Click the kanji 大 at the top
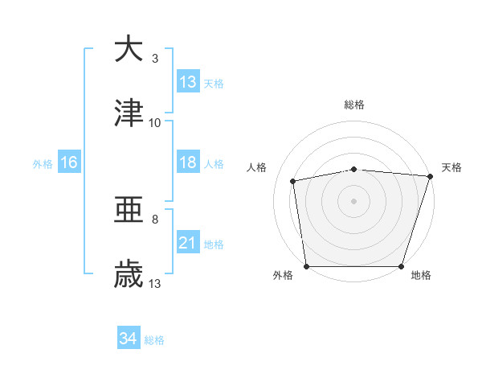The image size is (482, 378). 129,49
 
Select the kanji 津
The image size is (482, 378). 129,113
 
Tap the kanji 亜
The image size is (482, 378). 129,211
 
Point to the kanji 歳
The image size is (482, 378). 129,275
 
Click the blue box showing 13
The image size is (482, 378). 188,82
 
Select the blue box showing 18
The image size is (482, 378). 188,162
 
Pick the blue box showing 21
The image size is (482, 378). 188,243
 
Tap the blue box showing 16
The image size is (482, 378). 69,162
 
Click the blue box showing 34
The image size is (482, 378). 129,339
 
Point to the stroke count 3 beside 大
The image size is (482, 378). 155,59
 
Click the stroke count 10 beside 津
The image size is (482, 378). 155,123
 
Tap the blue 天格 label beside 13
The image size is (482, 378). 214,83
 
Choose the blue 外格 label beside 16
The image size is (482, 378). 43,163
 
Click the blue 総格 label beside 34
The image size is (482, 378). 154,339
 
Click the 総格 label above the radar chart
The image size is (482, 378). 354,105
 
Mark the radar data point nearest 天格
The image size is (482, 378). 430,176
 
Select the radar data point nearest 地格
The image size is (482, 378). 401,265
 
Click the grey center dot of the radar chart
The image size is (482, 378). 354,201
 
